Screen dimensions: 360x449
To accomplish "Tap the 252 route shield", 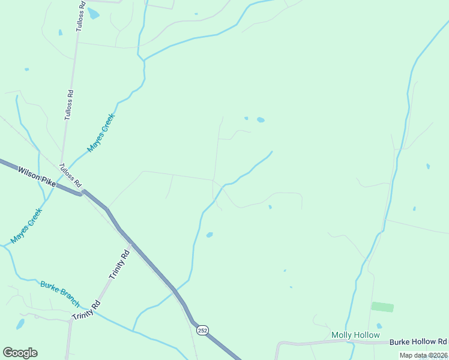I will [x=202, y=330].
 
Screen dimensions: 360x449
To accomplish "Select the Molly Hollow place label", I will [x=355, y=335].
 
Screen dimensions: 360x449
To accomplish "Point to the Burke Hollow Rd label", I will [x=418, y=341].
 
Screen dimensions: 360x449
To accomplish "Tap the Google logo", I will [x=20, y=353].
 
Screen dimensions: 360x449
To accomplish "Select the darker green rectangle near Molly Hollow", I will [x=382, y=307].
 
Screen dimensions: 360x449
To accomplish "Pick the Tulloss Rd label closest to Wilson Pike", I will [x=70, y=174].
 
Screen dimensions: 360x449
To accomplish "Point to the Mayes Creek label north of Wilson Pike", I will [x=100, y=133].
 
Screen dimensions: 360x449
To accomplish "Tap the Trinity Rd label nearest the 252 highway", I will [x=119, y=265].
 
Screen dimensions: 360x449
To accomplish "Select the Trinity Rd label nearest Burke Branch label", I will [x=85, y=309].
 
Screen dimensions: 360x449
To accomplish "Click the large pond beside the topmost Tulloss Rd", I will [x=94, y=13].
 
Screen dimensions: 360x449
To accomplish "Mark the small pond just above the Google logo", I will [x=20, y=325].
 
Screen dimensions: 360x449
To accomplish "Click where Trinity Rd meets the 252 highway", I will [x=131, y=244].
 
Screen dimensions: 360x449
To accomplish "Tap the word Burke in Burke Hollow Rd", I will [x=401, y=341].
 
